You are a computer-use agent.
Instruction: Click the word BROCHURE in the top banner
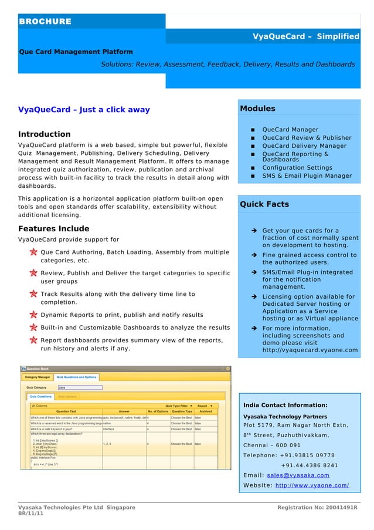click(45, 22)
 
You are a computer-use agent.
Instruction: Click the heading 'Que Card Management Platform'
click(76, 52)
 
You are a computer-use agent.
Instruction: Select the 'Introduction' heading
click(45, 134)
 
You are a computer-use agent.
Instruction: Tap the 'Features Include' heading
click(54, 229)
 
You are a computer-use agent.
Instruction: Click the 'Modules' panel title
click(257, 109)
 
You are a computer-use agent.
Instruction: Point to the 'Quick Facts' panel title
click(264, 204)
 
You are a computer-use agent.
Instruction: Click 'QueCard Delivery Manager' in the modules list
click(304, 146)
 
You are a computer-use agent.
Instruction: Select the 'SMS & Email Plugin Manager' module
click(307, 175)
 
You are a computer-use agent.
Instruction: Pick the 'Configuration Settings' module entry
click(297, 168)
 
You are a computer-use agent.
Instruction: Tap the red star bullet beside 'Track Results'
click(35, 294)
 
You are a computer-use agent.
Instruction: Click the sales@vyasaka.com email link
click(298, 475)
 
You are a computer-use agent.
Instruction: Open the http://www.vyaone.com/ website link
click(312, 485)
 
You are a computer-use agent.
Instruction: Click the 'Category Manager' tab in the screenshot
click(38, 377)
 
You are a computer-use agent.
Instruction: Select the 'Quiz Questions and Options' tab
click(76, 377)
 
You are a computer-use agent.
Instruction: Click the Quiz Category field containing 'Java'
click(80, 387)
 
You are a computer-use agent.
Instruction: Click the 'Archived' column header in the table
click(205, 411)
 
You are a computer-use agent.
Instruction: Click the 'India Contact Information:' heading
click(284, 405)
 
